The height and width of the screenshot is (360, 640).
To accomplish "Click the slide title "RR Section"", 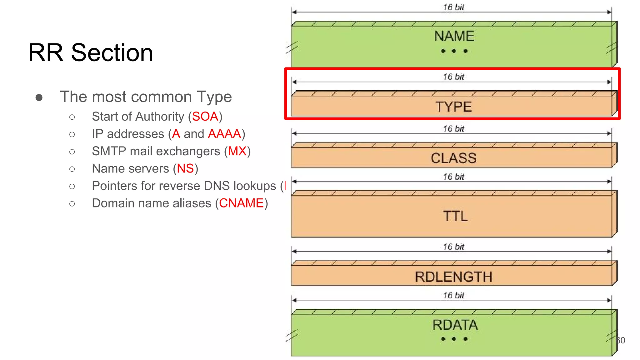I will click(91, 52).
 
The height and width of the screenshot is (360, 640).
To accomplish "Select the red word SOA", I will click(205, 117).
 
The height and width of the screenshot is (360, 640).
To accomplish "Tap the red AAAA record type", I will click(224, 134).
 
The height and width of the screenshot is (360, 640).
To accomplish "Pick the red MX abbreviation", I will click(237, 151).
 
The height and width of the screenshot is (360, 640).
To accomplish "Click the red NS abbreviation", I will click(185, 168).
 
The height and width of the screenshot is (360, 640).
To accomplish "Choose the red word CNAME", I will click(241, 203).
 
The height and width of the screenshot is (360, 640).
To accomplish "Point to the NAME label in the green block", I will click(454, 36).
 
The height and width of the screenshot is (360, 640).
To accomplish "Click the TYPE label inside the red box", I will click(453, 107).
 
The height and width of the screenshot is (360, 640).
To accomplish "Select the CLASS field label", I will click(453, 158).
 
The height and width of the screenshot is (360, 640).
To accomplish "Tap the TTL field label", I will click(455, 216).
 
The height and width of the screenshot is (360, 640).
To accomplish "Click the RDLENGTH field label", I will click(453, 277).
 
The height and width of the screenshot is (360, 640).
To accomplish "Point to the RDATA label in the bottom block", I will click(455, 325).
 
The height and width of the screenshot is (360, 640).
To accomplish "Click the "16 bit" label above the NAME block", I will click(453, 7).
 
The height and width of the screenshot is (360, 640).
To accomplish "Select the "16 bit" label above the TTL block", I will click(453, 177).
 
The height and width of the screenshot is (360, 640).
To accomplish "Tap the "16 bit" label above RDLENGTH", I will click(453, 247).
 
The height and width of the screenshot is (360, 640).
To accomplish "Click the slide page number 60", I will click(620, 340).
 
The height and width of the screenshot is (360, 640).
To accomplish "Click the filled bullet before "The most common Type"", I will click(39, 97).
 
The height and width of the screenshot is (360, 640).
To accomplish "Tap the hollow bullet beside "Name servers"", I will click(72, 169).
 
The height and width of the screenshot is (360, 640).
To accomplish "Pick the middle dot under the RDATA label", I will click(454, 339).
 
